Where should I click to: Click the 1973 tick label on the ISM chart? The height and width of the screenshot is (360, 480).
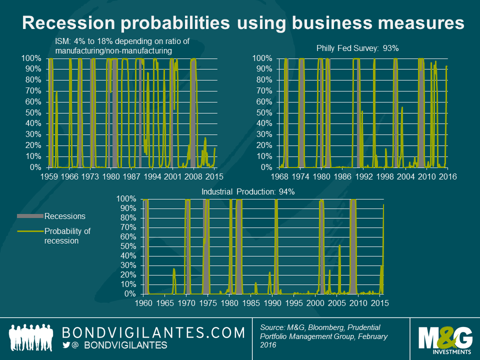tap(90, 176)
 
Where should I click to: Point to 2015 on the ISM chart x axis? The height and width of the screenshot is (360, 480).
tap(214, 176)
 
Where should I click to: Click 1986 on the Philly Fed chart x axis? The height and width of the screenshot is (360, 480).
tap(342, 176)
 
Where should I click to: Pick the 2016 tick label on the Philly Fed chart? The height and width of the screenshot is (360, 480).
tap(446, 176)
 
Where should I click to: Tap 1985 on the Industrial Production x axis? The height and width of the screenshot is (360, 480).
tap(251, 303)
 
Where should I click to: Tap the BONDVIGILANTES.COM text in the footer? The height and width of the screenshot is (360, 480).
tap(153, 332)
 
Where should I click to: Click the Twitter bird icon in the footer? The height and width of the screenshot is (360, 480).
tap(65, 345)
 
